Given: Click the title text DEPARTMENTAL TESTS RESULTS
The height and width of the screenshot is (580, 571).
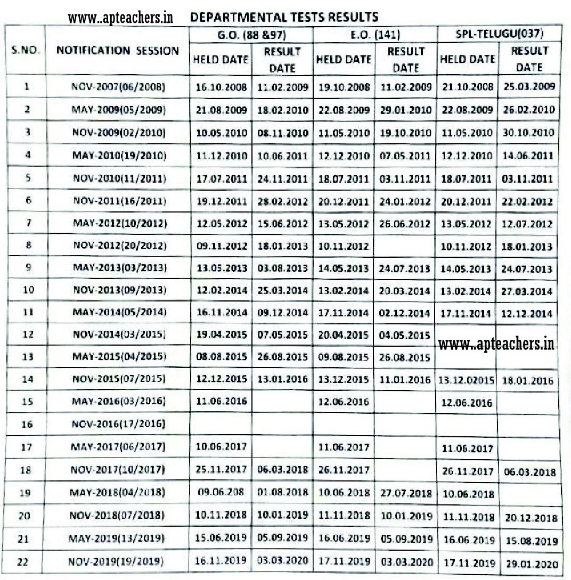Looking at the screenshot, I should pyautogui.click(x=284, y=17).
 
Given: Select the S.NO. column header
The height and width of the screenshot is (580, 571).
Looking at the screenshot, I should pyautogui.click(x=23, y=52).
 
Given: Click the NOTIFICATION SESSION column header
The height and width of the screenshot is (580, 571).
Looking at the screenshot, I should pyautogui.click(x=118, y=51).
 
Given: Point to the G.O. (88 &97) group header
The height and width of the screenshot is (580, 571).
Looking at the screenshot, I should pyautogui.click(x=252, y=35).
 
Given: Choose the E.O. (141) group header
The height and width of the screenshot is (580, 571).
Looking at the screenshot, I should pyautogui.click(x=374, y=35).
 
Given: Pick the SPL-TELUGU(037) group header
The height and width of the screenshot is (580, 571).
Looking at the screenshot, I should pyautogui.click(x=500, y=35).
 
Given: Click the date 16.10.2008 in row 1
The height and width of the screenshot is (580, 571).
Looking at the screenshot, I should pyautogui.click(x=221, y=87).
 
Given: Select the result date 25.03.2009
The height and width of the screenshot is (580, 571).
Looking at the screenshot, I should pyautogui.click(x=529, y=87).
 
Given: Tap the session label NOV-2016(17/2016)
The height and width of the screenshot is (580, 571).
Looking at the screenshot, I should pyautogui.click(x=118, y=424).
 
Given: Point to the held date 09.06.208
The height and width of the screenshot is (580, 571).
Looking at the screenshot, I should pyautogui.click(x=220, y=493).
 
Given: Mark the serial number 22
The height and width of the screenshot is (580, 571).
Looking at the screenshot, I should pyautogui.click(x=23, y=562).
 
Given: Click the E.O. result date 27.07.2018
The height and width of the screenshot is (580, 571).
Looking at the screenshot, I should pyautogui.click(x=405, y=493).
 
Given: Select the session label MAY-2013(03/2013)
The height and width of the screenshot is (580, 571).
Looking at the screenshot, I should pyautogui.click(x=118, y=267).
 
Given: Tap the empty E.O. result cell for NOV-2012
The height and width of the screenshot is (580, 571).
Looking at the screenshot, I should pyautogui.click(x=405, y=246).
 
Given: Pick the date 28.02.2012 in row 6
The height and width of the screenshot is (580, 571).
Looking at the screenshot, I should pyautogui.click(x=282, y=201).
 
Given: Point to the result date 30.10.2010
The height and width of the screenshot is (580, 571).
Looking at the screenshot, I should pyautogui.click(x=529, y=133).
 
